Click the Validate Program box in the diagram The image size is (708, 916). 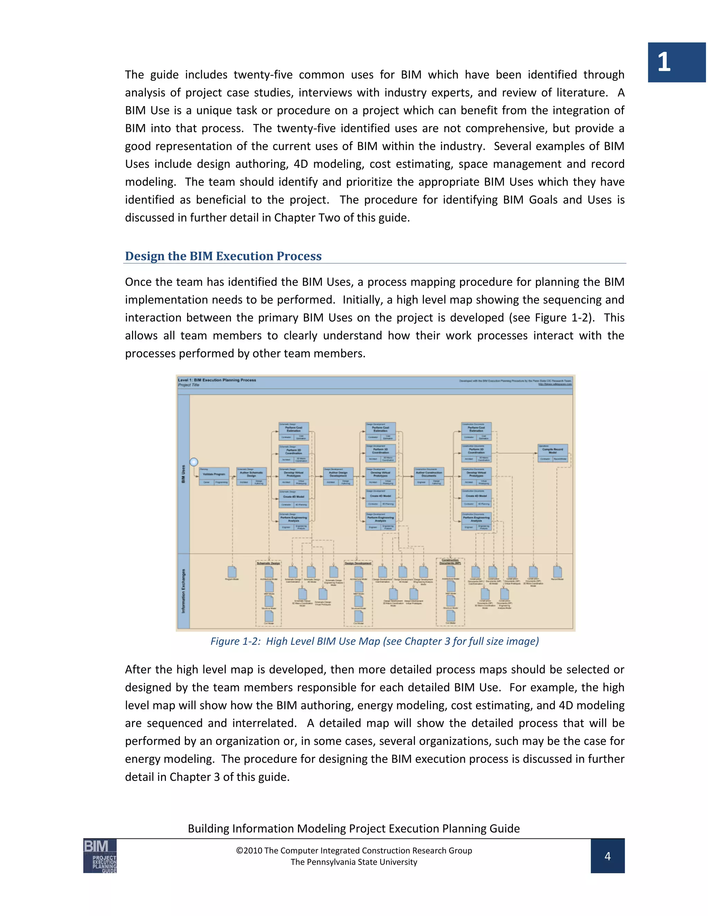point(214,476)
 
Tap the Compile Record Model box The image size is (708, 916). point(553,453)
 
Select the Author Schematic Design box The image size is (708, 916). point(251,476)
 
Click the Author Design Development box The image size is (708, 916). point(338,476)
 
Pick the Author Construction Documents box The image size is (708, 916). point(429,476)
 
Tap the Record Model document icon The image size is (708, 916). point(557,572)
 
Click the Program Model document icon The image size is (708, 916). point(232,572)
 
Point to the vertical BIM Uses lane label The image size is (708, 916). point(183,474)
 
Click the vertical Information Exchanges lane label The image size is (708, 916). point(183,591)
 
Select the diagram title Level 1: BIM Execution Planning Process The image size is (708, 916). point(217,380)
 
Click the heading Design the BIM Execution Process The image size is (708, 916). point(223,256)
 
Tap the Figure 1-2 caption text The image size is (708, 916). point(374,641)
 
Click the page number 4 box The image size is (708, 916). point(607,856)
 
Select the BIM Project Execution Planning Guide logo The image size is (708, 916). point(100,856)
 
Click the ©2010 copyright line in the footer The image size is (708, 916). point(354,850)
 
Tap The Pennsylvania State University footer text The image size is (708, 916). point(354,862)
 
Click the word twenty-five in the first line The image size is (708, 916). point(263,75)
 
